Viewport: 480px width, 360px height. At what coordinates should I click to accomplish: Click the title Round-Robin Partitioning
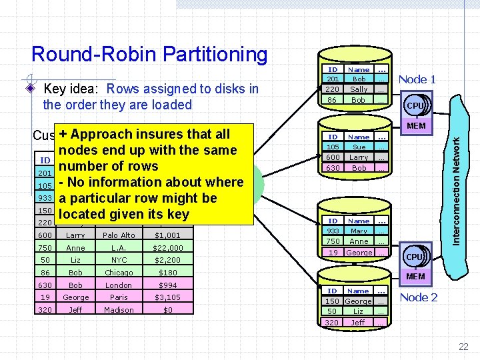(149, 54)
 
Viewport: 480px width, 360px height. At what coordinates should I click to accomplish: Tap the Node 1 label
(417, 79)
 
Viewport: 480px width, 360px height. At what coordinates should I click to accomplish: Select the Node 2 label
(419, 297)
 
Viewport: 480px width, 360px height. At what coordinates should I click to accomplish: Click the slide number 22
(463, 346)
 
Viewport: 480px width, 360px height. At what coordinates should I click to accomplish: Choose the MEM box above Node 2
(415, 276)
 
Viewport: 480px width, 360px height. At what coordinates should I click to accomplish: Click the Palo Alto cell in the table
(119, 235)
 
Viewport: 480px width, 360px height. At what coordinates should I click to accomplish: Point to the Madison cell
(119, 310)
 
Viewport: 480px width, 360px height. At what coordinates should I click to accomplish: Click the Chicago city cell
(119, 273)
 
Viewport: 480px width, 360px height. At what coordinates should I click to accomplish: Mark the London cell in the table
(119, 285)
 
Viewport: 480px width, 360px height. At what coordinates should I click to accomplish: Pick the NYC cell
(119, 260)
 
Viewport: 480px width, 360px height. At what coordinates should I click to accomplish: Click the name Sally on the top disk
(359, 89)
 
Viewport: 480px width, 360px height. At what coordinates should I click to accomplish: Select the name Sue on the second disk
(359, 147)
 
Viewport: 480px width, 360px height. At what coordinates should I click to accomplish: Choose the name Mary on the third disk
(359, 231)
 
